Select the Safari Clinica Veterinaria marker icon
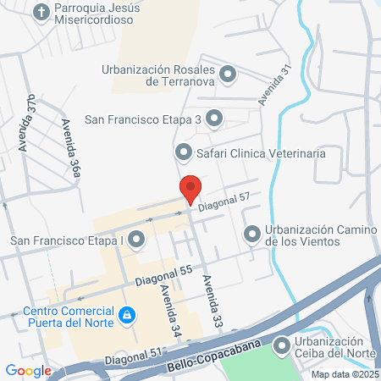click(183, 153)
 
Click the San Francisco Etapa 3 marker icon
click(214, 119)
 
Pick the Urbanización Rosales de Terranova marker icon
click(227, 75)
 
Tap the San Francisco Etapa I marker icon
click(138, 240)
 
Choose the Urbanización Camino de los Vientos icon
click(251, 234)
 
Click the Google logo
click(28, 370)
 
